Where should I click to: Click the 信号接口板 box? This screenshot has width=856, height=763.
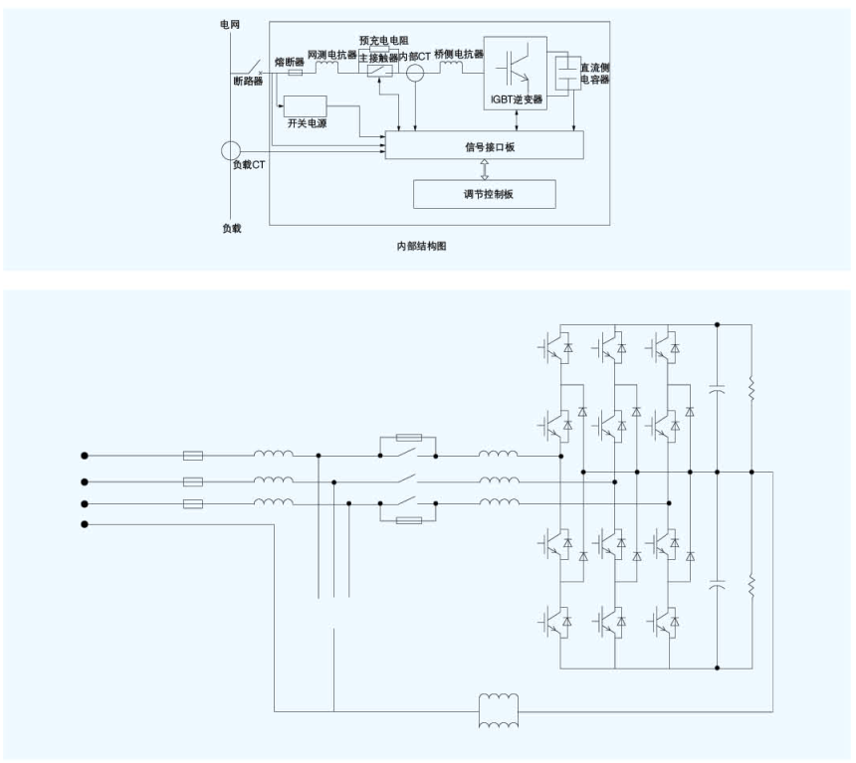click(484, 146)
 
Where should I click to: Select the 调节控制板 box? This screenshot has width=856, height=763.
click(484, 194)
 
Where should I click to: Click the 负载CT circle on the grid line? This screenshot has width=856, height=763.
click(231, 151)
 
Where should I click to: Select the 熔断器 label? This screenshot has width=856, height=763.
click(290, 61)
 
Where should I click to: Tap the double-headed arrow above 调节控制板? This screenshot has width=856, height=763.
click(484, 167)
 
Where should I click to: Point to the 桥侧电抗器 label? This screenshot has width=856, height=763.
click(459, 55)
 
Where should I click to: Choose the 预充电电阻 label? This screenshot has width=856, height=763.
click(383, 41)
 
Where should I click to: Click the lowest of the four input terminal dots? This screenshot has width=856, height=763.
click(86, 523)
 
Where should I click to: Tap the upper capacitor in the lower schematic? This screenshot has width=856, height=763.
click(717, 389)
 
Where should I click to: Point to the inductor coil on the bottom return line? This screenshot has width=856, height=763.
click(499, 712)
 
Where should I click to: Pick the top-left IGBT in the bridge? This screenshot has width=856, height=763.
click(554, 346)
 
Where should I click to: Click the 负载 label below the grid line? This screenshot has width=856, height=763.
click(231, 228)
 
